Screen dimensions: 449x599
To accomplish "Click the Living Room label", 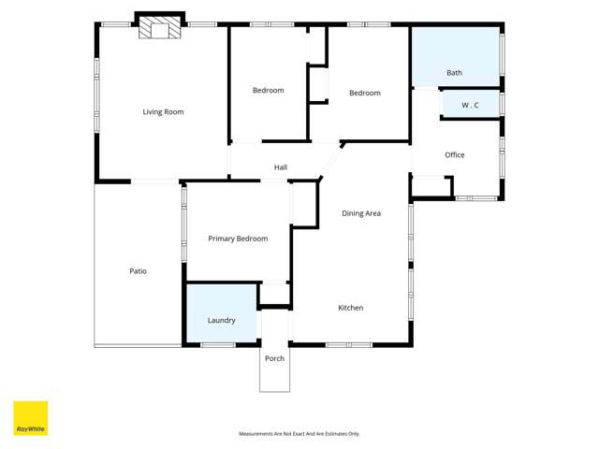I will (x=163, y=112).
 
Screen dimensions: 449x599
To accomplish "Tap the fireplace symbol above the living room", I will (x=153, y=29).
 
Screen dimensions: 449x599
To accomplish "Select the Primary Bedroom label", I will (x=238, y=239).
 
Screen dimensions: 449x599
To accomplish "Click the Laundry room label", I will (x=221, y=321).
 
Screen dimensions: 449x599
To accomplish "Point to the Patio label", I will (x=138, y=271).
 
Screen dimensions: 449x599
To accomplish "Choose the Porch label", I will (x=274, y=359).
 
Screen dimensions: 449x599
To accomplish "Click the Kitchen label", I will (x=350, y=308).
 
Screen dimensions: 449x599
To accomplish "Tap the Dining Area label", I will (x=361, y=214).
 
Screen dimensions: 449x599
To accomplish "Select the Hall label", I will (x=281, y=168).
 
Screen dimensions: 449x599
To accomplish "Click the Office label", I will (x=455, y=155).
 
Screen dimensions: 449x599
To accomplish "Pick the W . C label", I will (x=470, y=106).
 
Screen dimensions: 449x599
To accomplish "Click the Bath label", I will (x=454, y=73).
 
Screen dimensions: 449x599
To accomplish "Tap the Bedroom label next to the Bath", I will (x=365, y=94).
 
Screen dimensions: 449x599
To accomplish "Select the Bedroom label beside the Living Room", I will (x=268, y=91).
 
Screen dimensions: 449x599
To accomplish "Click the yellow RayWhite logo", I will (x=30, y=418).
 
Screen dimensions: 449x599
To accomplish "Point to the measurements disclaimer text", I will (x=299, y=434).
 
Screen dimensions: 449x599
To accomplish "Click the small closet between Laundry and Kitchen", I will (x=274, y=294).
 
